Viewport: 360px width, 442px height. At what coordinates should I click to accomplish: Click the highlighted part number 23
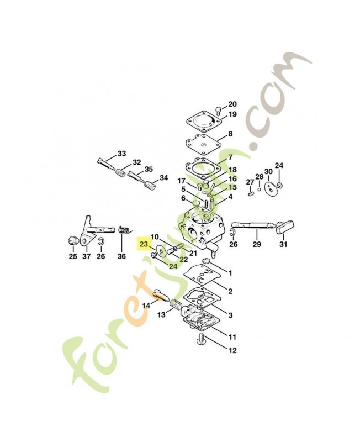coord(144,244)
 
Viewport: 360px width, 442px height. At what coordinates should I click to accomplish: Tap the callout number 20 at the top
coord(232,104)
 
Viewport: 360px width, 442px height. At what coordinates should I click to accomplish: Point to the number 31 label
coord(283,244)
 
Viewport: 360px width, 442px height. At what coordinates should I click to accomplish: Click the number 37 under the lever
coord(87,256)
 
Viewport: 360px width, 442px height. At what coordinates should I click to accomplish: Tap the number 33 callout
coord(121,154)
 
